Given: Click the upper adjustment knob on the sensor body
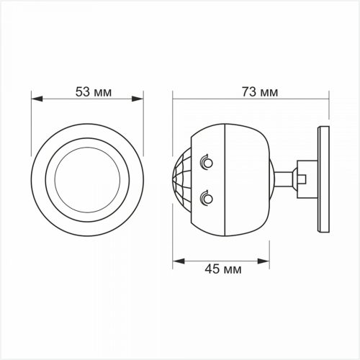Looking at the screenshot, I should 208,163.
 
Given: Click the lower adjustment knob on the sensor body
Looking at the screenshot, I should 208,197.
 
